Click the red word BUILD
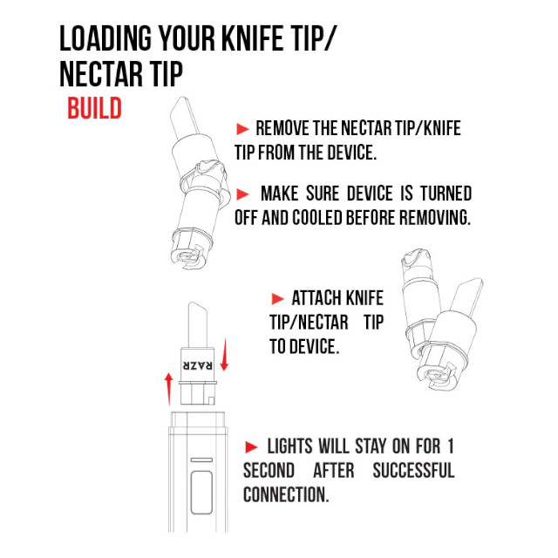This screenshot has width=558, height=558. point(95,108)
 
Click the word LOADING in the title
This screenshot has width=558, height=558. point(105,38)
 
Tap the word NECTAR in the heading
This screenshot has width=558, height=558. point(101,74)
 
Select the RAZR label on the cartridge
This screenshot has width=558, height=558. point(198,365)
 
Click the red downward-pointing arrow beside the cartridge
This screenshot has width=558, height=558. point(224,355)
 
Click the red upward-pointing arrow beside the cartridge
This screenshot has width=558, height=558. point(168,389)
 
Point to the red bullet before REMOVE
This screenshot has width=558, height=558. point(242,129)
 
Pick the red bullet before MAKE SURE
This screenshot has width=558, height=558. point(242,194)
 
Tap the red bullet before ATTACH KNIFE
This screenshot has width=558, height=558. point(277,298)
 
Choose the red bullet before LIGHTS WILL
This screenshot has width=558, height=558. point(251,447)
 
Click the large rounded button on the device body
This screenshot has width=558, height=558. point(201,493)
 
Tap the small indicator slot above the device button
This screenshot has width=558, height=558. point(201,460)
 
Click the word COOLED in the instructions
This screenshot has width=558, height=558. point(317,217)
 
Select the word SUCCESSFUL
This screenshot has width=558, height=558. point(413,471)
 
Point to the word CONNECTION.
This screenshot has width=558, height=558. point(286,494)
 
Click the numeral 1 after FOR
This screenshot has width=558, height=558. point(451,446)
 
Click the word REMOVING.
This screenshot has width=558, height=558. point(435,217)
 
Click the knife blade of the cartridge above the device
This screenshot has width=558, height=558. point(198,324)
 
